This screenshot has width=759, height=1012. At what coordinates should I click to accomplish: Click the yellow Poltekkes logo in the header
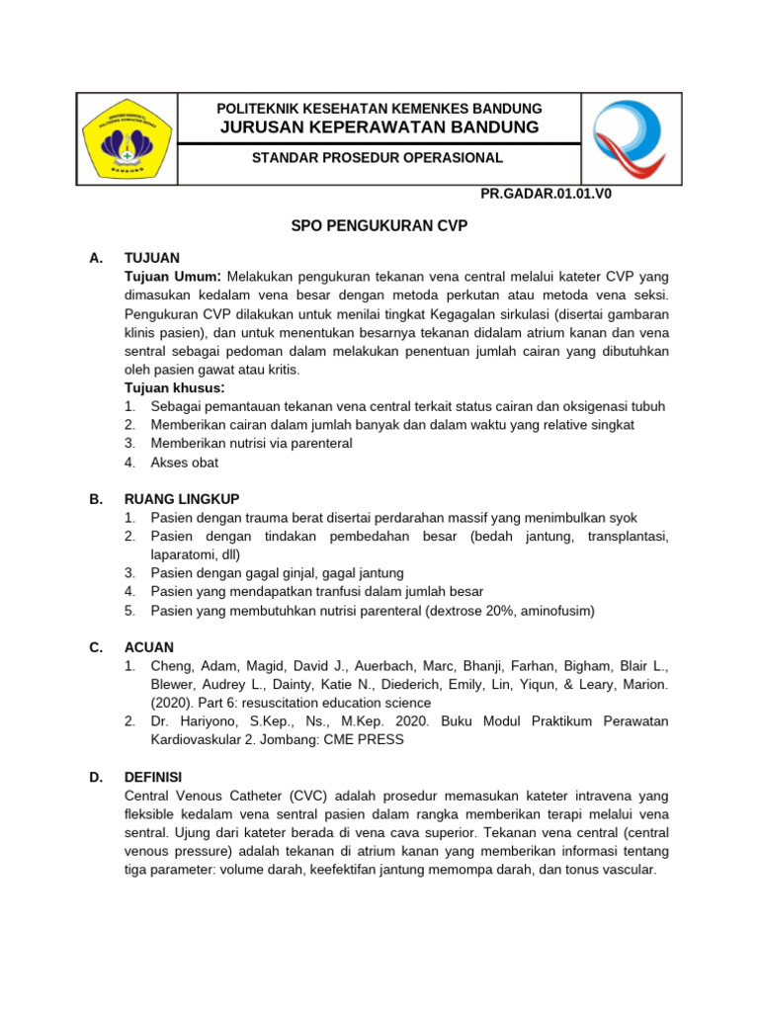(126, 139)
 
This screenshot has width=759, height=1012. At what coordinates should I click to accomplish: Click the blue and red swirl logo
(630, 139)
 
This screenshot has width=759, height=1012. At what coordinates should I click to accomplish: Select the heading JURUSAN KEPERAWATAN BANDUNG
(379, 127)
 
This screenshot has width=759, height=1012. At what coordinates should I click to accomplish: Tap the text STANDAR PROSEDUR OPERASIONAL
(378, 158)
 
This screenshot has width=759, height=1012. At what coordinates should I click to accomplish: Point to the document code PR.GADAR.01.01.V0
(546, 195)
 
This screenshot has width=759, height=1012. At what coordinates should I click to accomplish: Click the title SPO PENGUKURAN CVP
(379, 226)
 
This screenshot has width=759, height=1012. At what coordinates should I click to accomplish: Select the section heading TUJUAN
(152, 258)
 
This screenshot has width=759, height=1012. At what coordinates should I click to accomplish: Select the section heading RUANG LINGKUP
(182, 499)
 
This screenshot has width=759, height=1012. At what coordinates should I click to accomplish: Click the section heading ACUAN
(149, 647)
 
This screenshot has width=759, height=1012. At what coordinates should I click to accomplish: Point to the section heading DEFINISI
(153, 778)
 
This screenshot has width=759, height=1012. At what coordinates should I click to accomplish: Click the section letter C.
(96, 647)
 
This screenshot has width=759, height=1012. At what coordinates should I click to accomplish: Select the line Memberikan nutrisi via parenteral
(251, 444)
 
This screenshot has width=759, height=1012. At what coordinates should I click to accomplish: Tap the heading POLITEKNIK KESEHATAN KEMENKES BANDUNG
(379, 108)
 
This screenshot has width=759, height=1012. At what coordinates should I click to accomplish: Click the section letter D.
(96, 778)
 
